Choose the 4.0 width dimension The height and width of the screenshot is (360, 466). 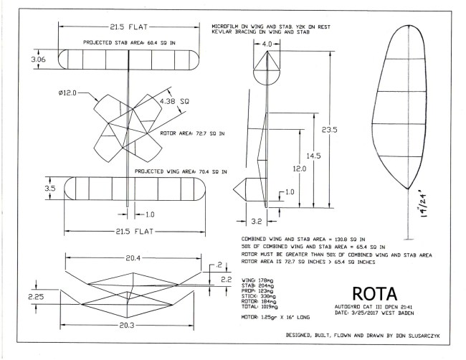point(267,45)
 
